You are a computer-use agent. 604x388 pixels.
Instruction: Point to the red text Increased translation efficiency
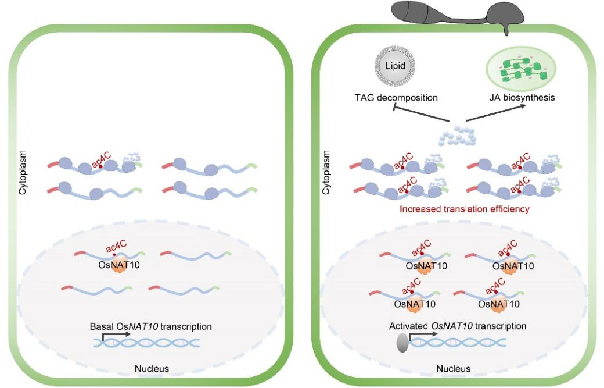coord(465,209)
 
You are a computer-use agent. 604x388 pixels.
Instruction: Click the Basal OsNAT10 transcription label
coord(150,326)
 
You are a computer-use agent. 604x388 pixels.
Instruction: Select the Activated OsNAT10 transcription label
coord(458,326)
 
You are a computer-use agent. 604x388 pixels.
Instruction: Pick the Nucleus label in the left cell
coord(151,368)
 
